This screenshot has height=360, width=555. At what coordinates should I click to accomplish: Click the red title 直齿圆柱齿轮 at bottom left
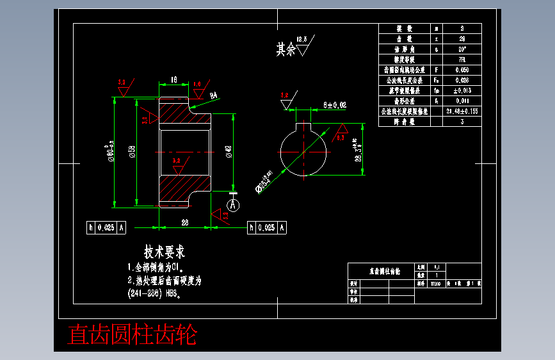coord(133,335)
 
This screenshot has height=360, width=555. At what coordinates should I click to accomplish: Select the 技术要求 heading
coord(165,252)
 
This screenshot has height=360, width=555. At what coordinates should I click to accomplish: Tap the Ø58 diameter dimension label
coord(132,152)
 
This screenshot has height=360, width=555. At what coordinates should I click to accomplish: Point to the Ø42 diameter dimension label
coord(229,152)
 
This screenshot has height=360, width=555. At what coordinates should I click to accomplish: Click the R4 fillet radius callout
coord(214,95)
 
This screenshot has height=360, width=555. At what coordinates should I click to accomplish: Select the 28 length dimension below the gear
coord(184,222)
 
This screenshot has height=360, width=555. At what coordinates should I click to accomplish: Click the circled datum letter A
coord(234,205)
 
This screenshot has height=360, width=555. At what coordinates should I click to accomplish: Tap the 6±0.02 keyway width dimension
coord(335,104)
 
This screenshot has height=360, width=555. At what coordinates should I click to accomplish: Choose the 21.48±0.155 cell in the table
coord(462,111)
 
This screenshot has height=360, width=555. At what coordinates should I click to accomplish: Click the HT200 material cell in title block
coord(435,282)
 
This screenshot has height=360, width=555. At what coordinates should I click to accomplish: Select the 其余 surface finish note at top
coord(286,49)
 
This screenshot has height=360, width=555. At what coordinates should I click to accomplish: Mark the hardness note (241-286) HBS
coord(156,295)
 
